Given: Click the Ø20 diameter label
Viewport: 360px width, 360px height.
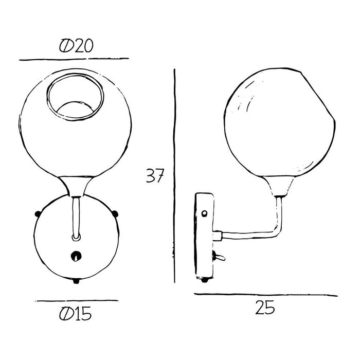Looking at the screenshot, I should point(76,46).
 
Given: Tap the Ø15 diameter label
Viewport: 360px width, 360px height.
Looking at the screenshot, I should point(76,313).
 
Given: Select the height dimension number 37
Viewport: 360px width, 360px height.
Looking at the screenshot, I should point(154,176).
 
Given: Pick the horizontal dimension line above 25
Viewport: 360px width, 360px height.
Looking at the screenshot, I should point(266,295).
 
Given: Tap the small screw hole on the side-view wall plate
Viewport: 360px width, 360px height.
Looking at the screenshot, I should point(206,213).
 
